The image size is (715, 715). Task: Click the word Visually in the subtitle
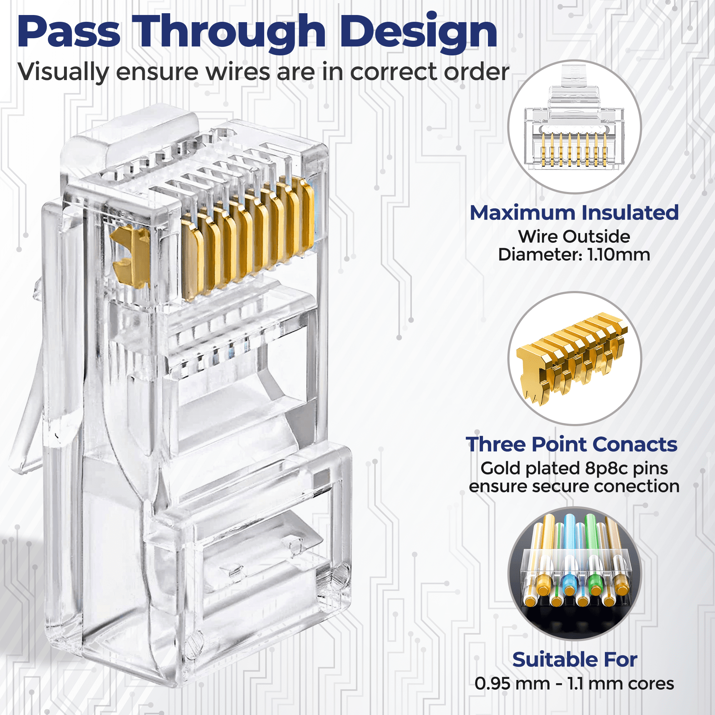(63, 72)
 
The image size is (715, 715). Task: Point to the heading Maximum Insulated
(574, 213)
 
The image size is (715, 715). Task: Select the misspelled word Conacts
(636, 444)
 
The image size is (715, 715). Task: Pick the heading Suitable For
(575, 660)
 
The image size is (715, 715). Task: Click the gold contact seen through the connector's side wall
(130, 256)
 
